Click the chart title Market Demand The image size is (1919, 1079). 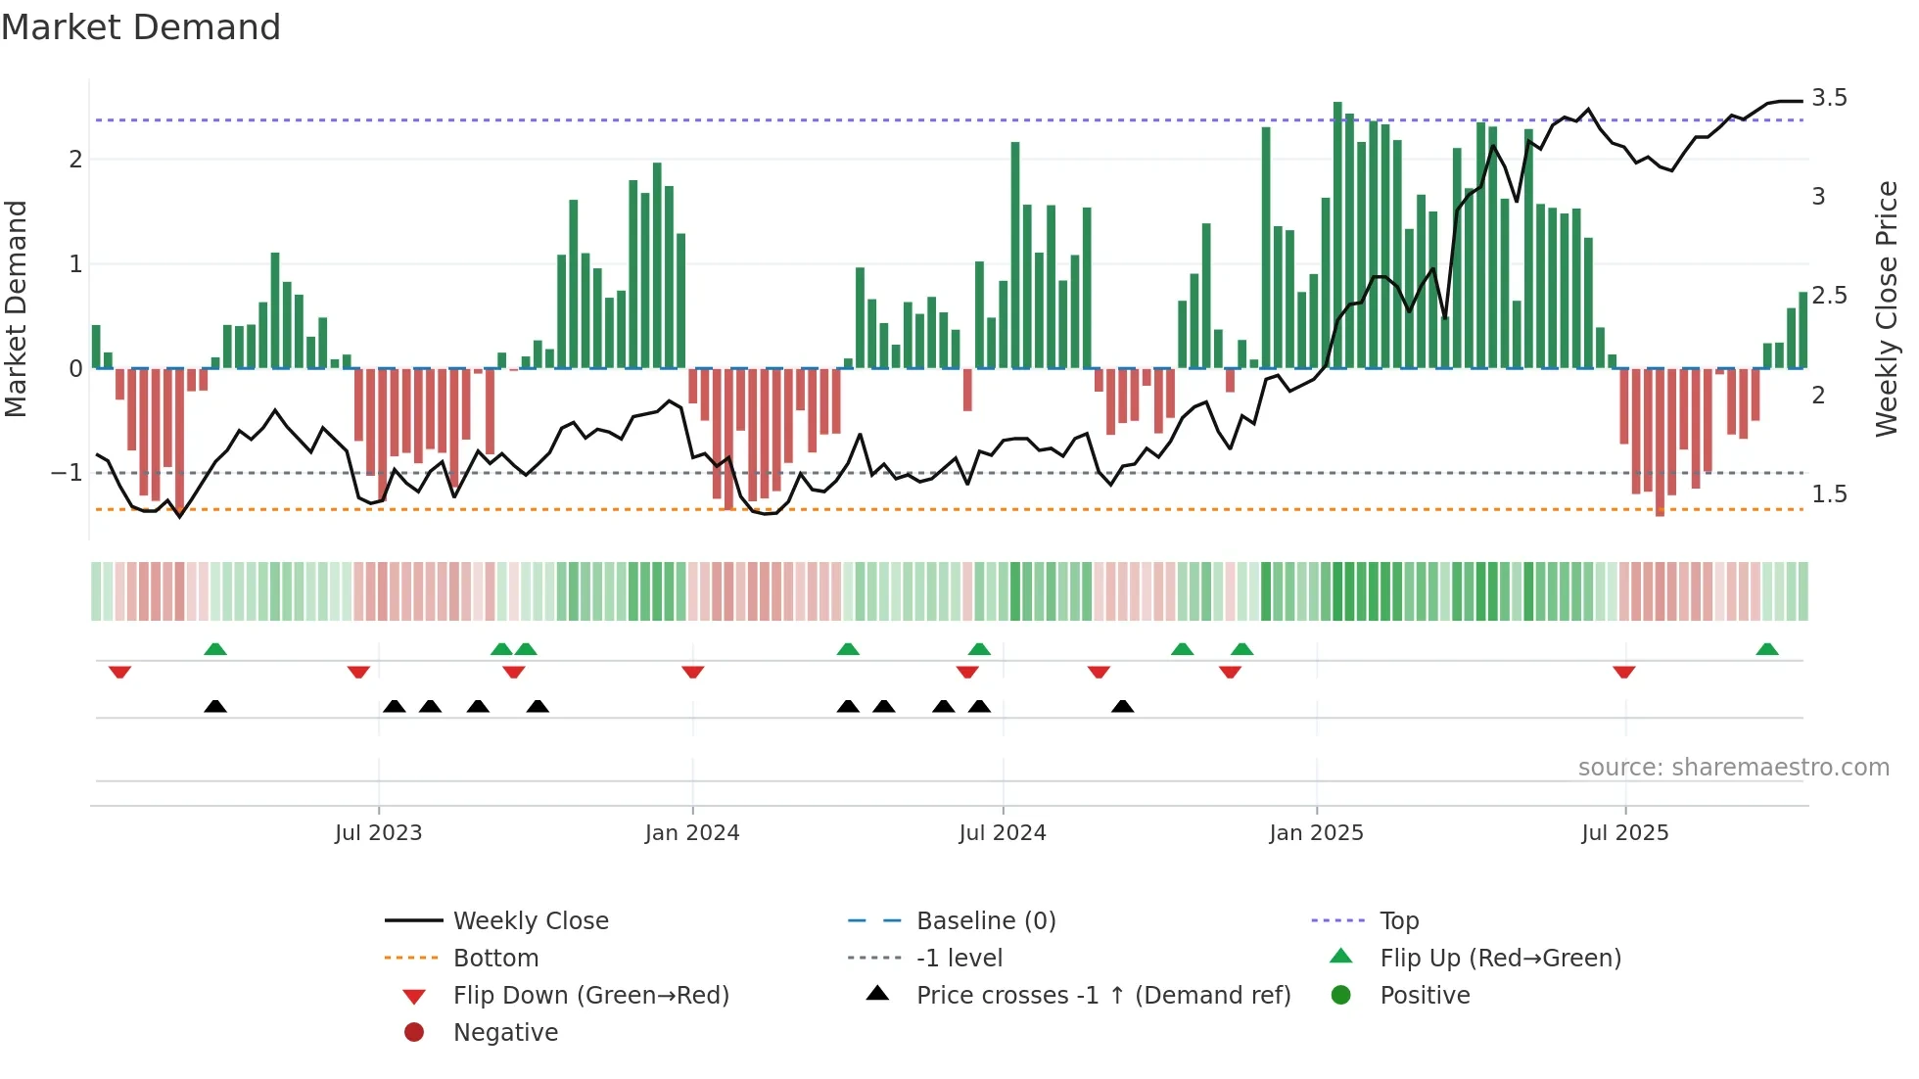[141, 27]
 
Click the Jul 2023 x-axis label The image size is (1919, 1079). [378, 833]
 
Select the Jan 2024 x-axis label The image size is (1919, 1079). [692, 833]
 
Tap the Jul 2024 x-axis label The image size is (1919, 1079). [1003, 833]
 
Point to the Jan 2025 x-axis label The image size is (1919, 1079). [1316, 833]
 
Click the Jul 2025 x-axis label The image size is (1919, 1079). [1625, 833]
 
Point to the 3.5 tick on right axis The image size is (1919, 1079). [1829, 98]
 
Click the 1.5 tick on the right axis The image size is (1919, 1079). [1829, 494]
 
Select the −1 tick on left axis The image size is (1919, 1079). [67, 473]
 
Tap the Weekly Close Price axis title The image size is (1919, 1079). [1887, 308]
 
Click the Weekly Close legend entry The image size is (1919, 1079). [531, 921]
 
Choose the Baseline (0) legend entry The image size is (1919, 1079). [986, 921]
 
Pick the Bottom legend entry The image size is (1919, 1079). [495, 959]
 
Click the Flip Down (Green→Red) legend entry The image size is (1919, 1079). [590, 996]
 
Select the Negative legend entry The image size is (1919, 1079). [505, 1033]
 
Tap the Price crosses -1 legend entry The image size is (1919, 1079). [1103, 996]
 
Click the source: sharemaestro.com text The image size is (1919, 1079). [1733, 768]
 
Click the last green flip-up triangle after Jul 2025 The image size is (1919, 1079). [1767, 649]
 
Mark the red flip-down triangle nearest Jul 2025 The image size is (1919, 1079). [1624, 672]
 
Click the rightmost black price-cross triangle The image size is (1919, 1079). [1123, 706]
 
